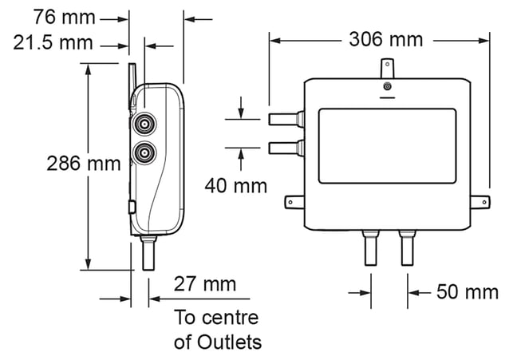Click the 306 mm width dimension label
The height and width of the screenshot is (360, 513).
point(386,40)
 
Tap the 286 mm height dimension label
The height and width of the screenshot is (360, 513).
point(84,164)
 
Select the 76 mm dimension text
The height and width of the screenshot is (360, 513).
point(64,17)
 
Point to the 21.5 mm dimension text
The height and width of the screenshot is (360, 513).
point(53,43)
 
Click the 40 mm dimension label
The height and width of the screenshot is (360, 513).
point(236,186)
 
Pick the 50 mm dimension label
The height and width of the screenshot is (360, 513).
point(468,291)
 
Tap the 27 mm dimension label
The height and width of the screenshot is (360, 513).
point(205,283)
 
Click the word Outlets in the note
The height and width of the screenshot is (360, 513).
point(230,342)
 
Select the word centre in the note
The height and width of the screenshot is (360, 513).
point(231,318)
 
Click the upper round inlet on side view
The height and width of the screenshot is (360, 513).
point(144,124)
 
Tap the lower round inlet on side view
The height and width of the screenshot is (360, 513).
point(144,152)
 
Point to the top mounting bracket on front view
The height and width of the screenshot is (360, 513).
point(388,68)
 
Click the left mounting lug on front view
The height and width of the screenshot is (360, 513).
point(294,202)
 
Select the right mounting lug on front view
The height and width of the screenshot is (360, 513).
point(480,202)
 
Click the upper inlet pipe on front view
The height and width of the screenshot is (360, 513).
point(286,119)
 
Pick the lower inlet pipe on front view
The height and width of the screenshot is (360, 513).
point(286,148)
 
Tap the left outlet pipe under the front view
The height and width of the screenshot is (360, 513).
point(371,247)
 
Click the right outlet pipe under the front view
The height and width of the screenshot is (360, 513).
point(408,247)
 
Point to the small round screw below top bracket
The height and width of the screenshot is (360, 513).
point(388,87)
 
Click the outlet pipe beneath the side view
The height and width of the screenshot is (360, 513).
point(148,252)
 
